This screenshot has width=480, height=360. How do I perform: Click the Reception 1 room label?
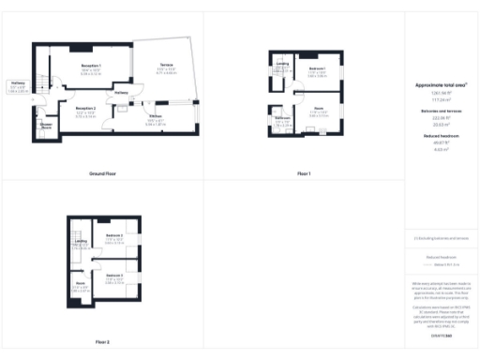tap(91, 65)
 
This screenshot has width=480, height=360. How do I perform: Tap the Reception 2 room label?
tap(85, 109)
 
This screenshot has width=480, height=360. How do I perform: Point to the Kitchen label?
tap(155, 116)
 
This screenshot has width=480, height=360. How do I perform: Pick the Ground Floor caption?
tap(102, 174)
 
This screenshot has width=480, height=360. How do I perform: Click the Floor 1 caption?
tap(303, 174)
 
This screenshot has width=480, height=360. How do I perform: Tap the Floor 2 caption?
tap(102, 342)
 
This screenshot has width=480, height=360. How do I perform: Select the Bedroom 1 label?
tap(316, 69)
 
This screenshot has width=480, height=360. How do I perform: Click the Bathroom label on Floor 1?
tap(282, 117)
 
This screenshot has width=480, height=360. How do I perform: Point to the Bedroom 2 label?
tap(115, 233)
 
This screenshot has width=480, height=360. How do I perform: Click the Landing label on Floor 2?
tap(81, 241)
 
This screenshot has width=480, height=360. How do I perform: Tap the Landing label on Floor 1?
tap(283, 63)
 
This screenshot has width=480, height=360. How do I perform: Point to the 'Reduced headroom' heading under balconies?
tap(440, 135)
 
